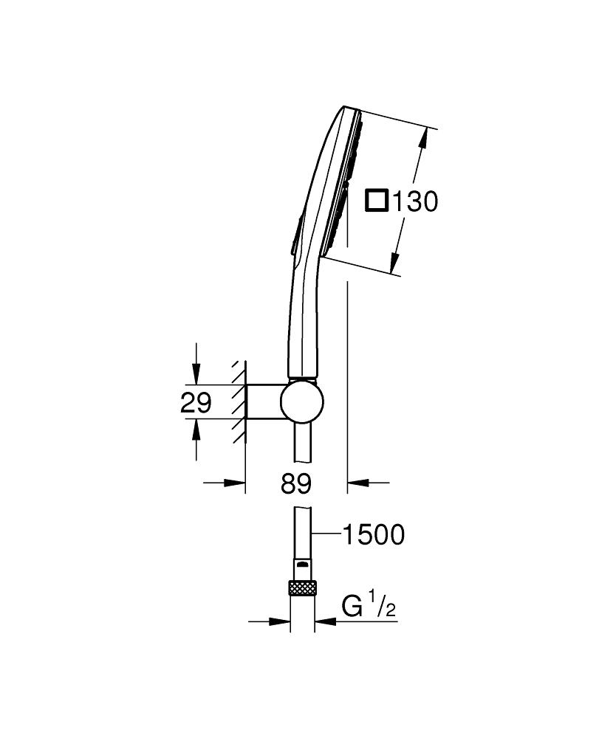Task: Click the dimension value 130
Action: coord(414,201)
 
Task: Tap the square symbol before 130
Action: coord(378,201)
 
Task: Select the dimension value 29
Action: coord(196,403)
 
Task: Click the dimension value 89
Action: coord(295,484)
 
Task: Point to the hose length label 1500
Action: coord(373,534)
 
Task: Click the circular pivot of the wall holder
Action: coord(301,402)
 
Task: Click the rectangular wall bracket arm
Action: coord(262,402)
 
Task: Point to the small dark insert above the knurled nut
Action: coord(302,565)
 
